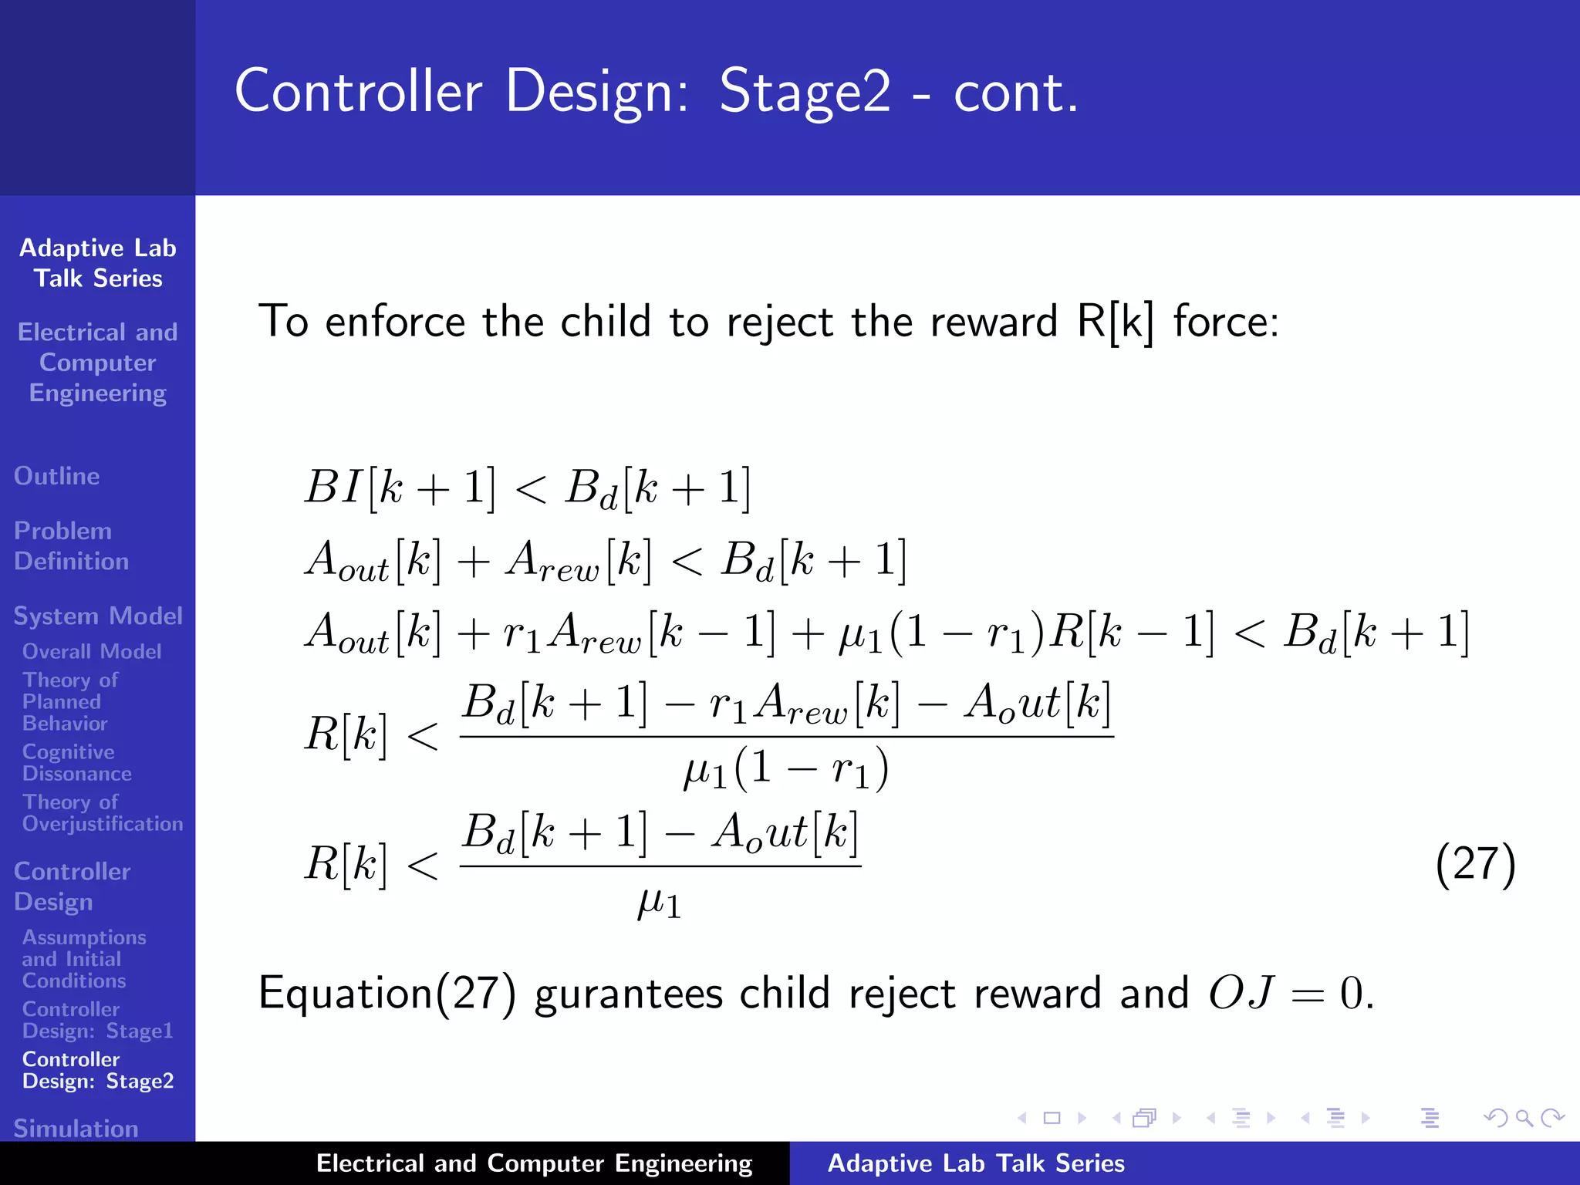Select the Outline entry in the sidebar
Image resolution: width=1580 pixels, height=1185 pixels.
(x=56, y=476)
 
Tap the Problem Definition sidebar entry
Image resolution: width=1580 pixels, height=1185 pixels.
(x=70, y=545)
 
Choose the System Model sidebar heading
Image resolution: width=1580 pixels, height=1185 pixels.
(x=98, y=616)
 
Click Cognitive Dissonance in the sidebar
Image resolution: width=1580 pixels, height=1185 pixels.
(x=76, y=762)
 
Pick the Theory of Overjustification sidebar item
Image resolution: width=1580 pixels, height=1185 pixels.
(x=102, y=812)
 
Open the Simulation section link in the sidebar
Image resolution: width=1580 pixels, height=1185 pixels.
(x=76, y=1128)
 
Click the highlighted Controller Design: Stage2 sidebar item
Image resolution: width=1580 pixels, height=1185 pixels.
(x=98, y=1069)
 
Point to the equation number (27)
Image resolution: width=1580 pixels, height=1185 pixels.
(x=1475, y=864)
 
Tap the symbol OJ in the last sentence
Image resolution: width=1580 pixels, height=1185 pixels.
(x=1241, y=993)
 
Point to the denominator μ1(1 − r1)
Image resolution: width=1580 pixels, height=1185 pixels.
(x=785, y=769)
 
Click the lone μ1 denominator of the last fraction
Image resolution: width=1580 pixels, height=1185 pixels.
(x=659, y=903)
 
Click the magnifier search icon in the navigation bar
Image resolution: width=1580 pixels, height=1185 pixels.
(x=1524, y=1117)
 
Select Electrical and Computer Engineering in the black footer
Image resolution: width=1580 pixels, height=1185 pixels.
(x=534, y=1163)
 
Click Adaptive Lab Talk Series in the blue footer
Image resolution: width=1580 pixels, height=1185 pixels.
(x=976, y=1163)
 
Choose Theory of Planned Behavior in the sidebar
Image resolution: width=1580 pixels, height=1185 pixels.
(x=69, y=701)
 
